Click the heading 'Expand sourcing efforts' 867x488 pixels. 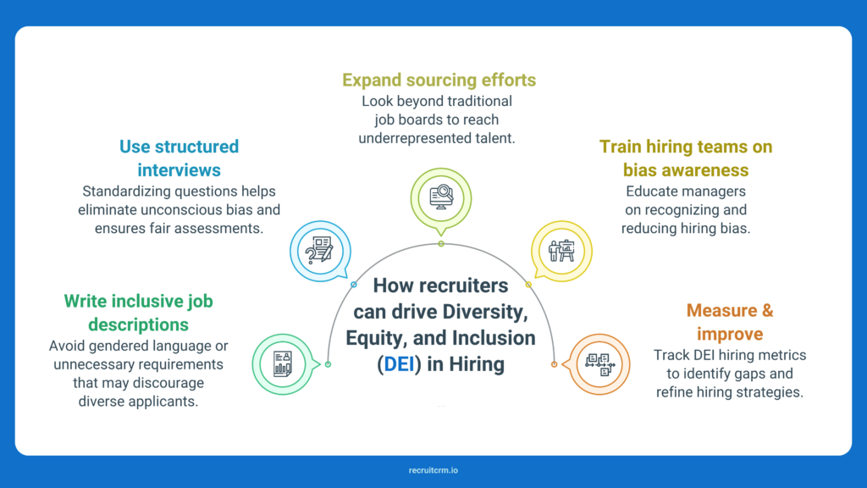pyautogui.click(x=439, y=80)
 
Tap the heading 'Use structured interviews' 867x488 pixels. pyautogui.click(x=179, y=158)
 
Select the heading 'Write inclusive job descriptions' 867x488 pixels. pyautogui.click(x=138, y=313)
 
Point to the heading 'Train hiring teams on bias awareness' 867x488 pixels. pyautogui.click(x=686, y=158)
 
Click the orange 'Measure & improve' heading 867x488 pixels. pyautogui.click(x=730, y=321)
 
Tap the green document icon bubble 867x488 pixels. pyautogui.click(x=282, y=363)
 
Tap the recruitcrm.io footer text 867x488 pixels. pyautogui.click(x=433, y=470)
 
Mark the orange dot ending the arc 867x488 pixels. pyautogui.click(x=554, y=364)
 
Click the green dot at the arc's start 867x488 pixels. pyautogui.click(x=328, y=364)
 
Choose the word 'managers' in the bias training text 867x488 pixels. pyautogui.click(x=717, y=191)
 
